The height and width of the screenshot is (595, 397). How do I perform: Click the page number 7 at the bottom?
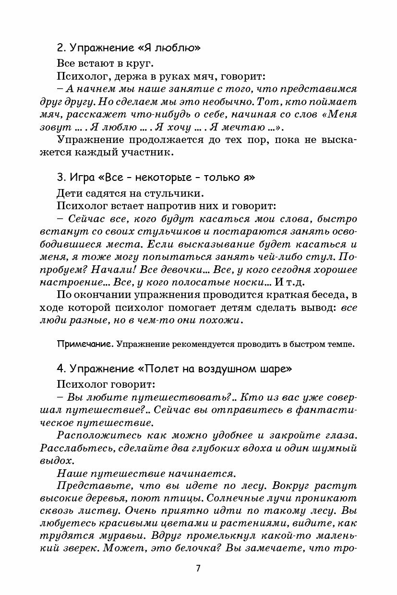pyautogui.click(x=198, y=568)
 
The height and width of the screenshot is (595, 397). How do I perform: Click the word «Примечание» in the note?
pyautogui.click(x=84, y=344)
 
